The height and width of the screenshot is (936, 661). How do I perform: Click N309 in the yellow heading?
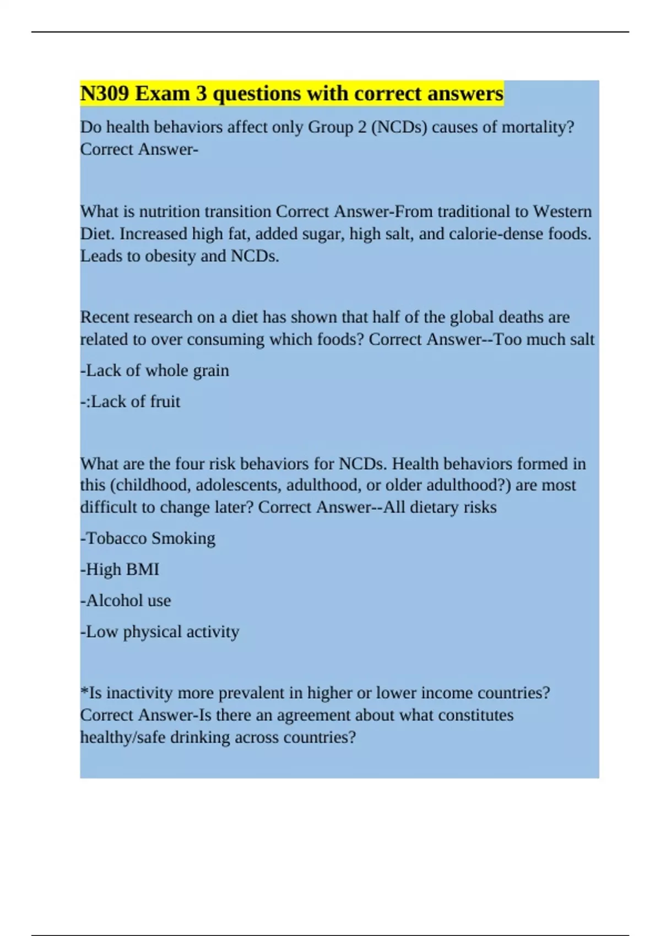point(105,94)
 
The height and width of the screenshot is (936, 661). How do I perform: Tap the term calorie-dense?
point(496,234)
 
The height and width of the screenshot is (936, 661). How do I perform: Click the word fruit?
point(165,401)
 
